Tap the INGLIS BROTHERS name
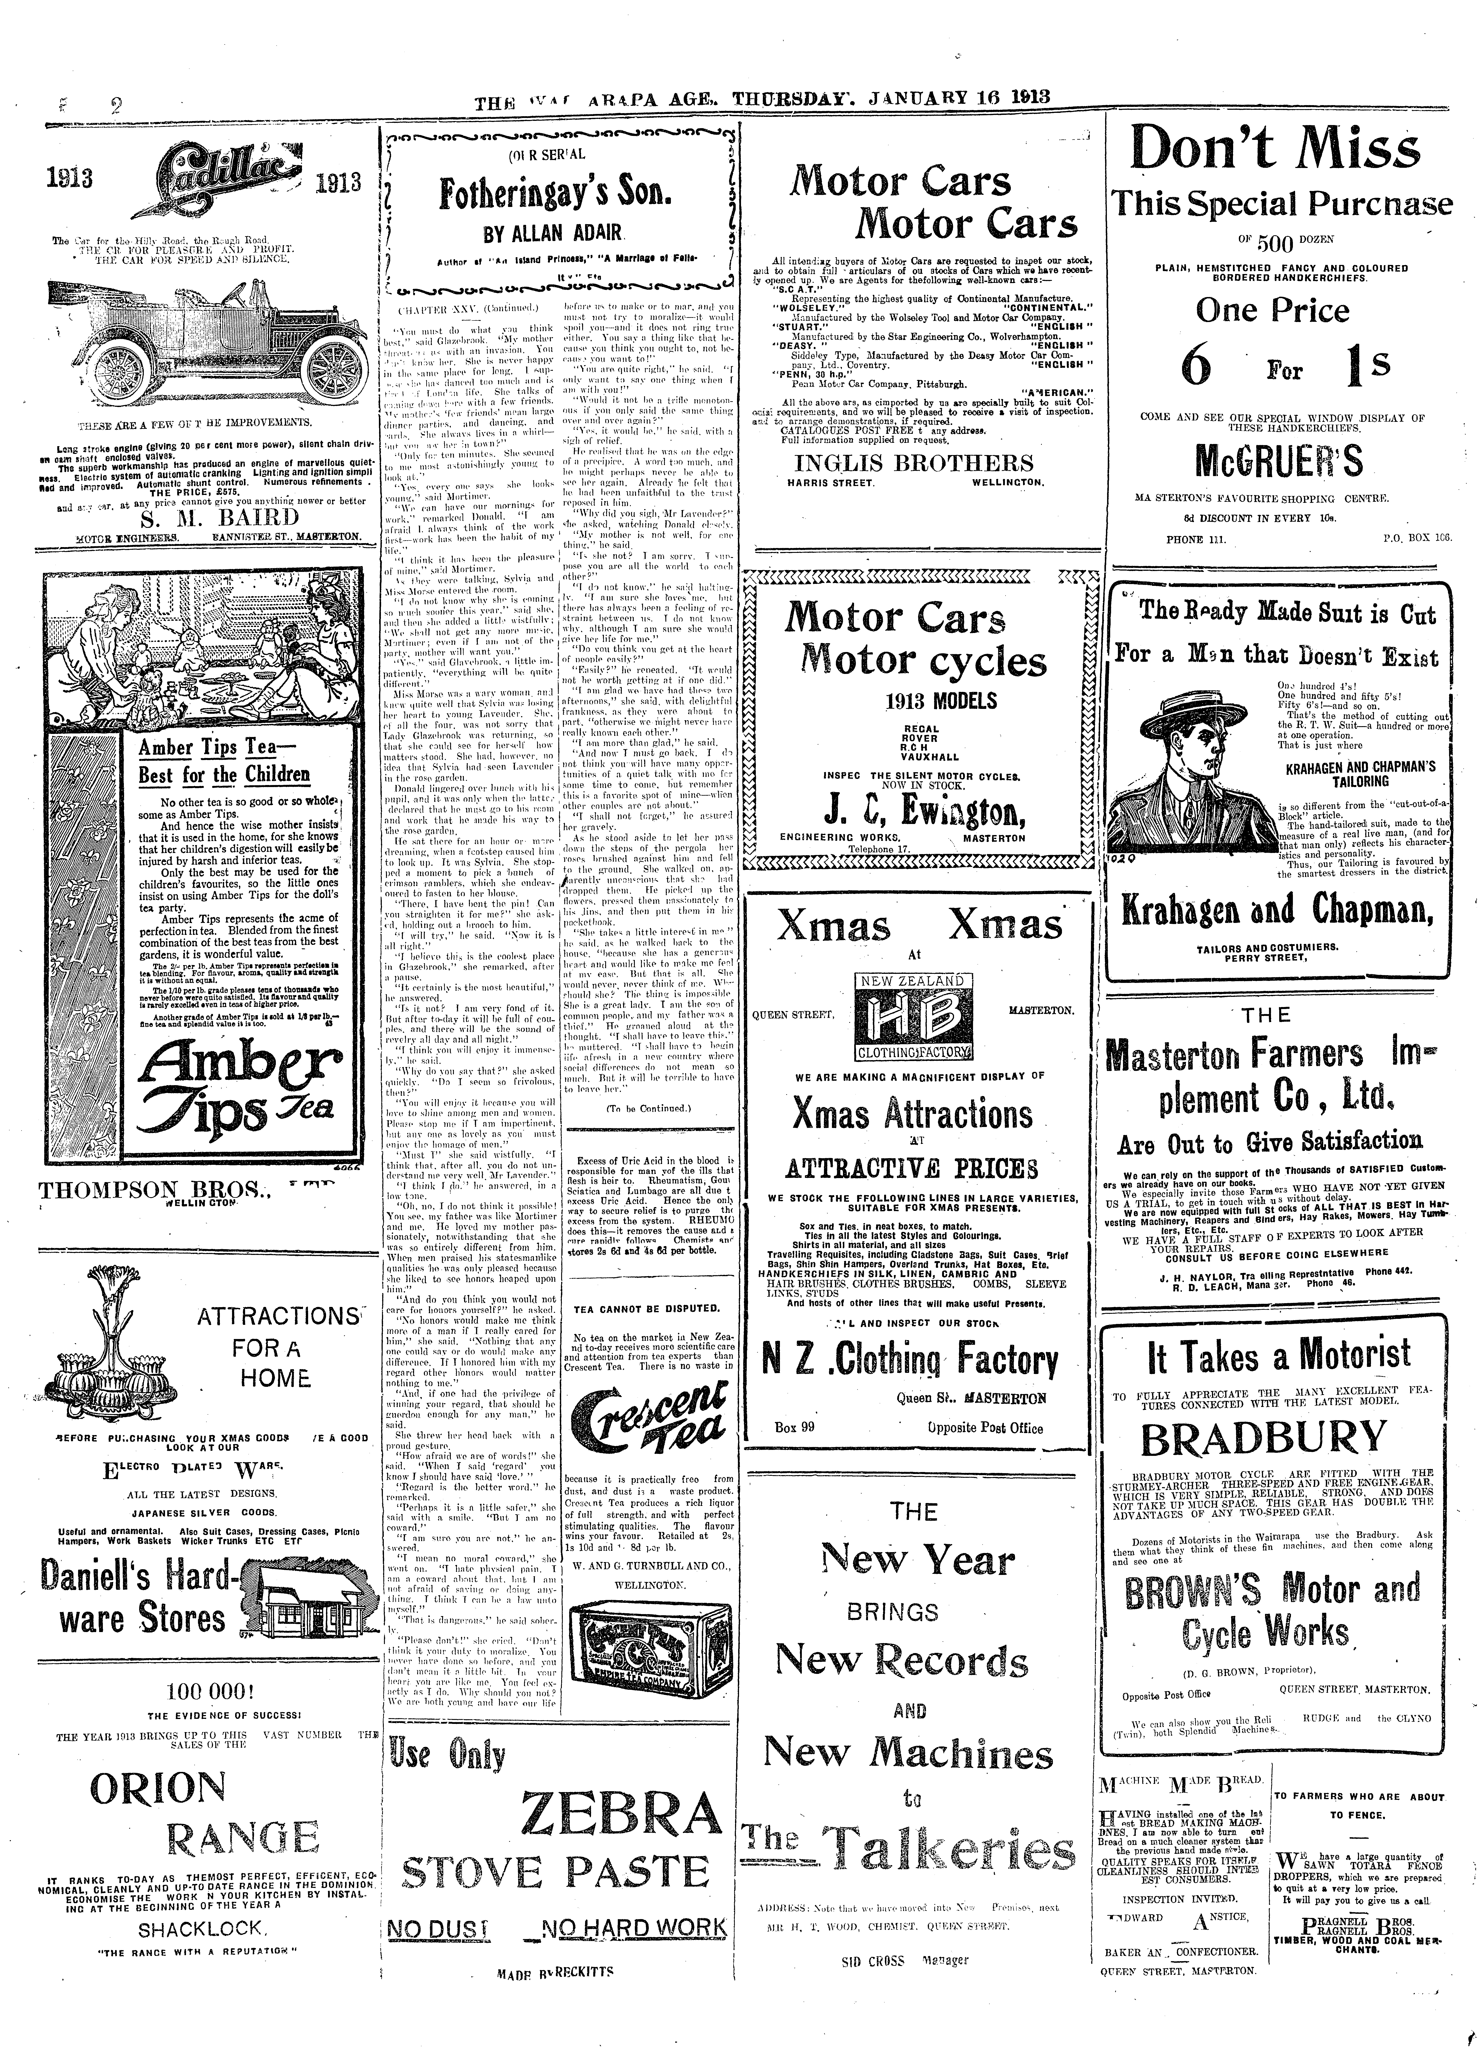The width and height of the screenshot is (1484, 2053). pyautogui.click(x=913, y=463)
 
